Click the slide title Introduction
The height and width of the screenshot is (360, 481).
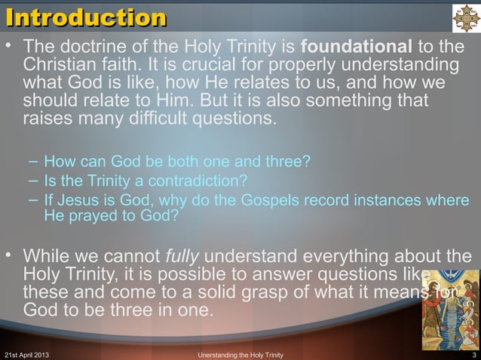(86, 17)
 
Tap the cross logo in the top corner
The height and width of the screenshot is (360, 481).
(465, 18)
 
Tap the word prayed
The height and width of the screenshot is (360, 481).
(102, 216)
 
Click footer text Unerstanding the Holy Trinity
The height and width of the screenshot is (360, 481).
(240, 354)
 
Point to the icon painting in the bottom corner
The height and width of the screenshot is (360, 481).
(449, 310)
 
